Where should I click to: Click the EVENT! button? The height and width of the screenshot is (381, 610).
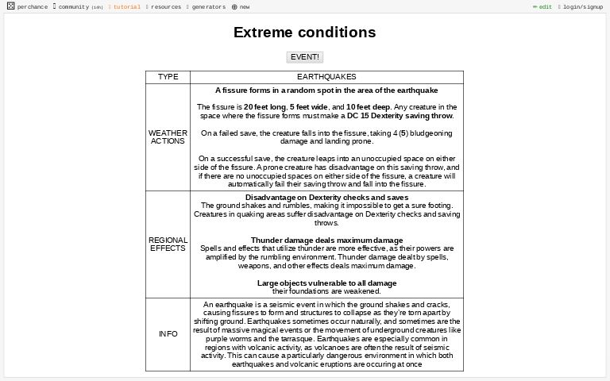pyautogui.click(x=305, y=57)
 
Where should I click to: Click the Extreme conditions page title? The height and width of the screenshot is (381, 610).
pyautogui.click(x=305, y=33)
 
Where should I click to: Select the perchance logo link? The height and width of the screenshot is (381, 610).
pyautogui.click(x=28, y=6)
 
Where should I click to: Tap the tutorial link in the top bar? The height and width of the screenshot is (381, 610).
pyautogui.click(x=126, y=6)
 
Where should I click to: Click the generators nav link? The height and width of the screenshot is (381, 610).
pyautogui.click(x=208, y=6)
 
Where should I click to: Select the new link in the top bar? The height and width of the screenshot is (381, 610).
pyautogui.click(x=241, y=6)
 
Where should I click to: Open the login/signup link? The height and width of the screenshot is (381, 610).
pyautogui.click(x=582, y=6)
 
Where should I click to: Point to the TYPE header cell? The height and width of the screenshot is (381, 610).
pyautogui.click(x=168, y=77)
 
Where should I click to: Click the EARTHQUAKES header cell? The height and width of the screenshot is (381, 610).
pyautogui.click(x=326, y=77)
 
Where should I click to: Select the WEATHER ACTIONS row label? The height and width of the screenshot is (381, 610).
pyautogui.click(x=168, y=137)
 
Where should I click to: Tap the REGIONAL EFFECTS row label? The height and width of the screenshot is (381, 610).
pyautogui.click(x=168, y=244)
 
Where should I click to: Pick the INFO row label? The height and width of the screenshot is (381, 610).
pyautogui.click(x=168, y=334)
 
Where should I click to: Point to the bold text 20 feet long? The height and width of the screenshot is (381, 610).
pyautogui.click(x=264, y=107)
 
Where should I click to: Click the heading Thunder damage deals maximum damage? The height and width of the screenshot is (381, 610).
pyautogui.click(x=326, y=240)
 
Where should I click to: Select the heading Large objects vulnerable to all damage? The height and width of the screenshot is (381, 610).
pyautogui.click(x=326, y=283)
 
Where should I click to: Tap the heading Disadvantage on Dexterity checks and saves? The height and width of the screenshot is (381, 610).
pyautogui.click(x=326, y=197)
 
